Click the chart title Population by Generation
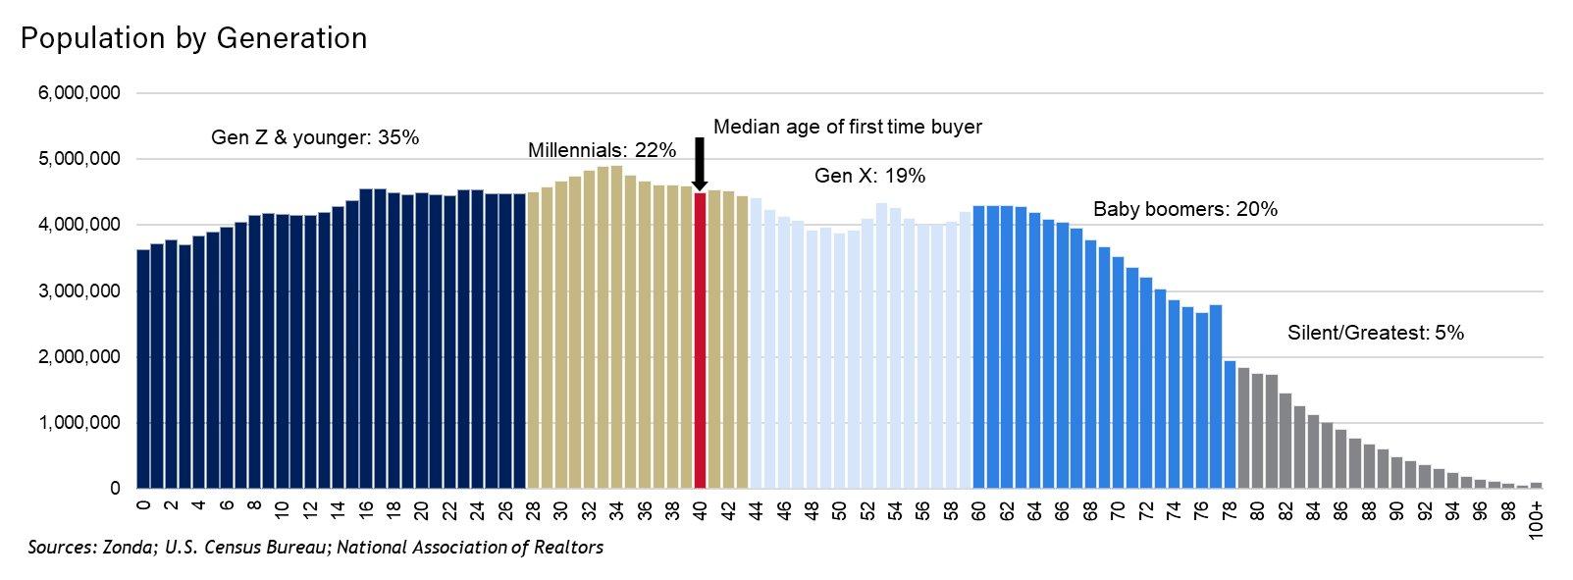coord(193,38)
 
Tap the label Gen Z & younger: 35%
coord(315,138)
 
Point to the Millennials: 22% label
coord(602,151)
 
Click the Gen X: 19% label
coord(869,177)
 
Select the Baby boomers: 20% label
coord(1184,209)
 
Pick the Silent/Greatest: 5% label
coord(1375,334)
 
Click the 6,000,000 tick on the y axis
coord(79,93)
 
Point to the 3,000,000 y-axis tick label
coord(79,291)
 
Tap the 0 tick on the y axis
coord(115,489)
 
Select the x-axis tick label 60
coord(978,510)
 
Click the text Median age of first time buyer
coord(847,128)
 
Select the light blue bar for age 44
coord(756,343)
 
